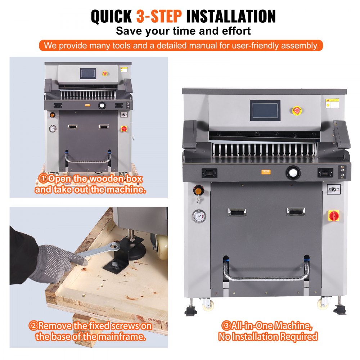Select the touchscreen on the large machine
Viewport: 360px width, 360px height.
(265, 111)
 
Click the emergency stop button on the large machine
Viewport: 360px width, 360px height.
(297, 111)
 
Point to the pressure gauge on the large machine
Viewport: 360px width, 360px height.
(199, 216)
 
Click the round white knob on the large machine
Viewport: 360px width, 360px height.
(293, 173)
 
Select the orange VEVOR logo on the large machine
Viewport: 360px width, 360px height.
(265, 172)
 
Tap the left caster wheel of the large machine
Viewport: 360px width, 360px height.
(208, 305)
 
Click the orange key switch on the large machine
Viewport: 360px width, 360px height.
(198, 190)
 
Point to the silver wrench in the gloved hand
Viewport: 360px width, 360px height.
(97, 252)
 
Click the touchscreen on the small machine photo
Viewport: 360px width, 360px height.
(88, 73)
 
